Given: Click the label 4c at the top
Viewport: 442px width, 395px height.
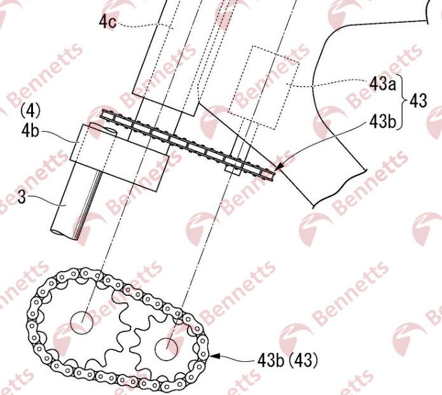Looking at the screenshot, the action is click(107, 22).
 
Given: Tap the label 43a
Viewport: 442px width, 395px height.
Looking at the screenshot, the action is click(382, 84).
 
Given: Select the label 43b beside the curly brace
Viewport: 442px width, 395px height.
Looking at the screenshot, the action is click(382, 121).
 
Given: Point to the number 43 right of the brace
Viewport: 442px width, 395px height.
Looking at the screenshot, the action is click(418, 100).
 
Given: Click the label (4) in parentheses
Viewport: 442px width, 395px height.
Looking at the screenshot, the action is click(31, 111).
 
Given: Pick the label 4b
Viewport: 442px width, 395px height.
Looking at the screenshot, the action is click(30, 130).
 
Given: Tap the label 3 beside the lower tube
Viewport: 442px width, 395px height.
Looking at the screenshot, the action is click(22, 197).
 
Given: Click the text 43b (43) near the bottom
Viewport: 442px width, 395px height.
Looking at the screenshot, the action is click(288, 360).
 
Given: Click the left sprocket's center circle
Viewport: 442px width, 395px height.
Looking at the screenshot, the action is click(82, 322).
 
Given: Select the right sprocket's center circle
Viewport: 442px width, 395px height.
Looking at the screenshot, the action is click(167, 349).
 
